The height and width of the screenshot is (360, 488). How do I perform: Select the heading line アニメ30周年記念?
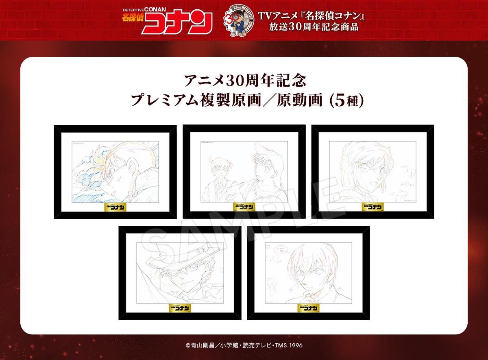pyautogui.click(x=244, y=80)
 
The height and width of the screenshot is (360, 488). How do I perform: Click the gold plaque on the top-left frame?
pyautogui.click(x=115, y=206)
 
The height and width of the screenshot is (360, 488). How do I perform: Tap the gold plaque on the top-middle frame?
pyautogui.click(x=244, y=206)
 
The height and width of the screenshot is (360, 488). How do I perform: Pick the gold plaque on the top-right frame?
pyautogui.click(x=373, y=206)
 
